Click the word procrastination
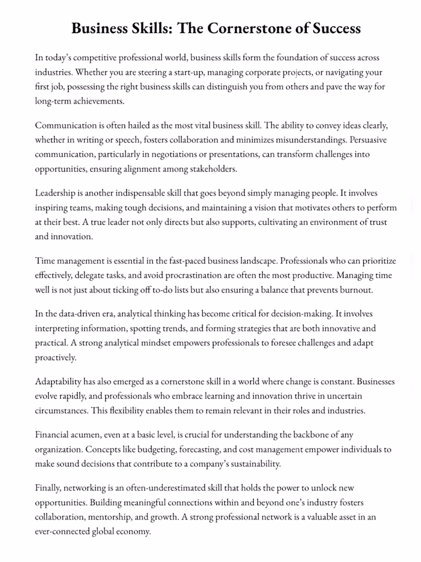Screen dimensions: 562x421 [x=191, y=275]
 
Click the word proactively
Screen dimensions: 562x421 [x=56, y=357]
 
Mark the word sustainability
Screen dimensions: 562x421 [x=252, y=464]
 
